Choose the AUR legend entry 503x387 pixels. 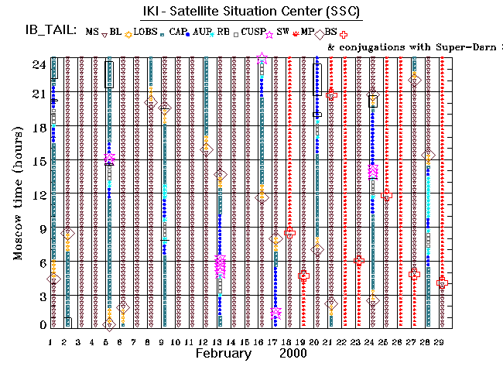click(x=203, y=33)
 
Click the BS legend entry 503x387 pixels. click(x=331, y=33)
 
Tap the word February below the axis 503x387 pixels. click(x=223, y=354)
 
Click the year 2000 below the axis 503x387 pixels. click(x=294, y=354)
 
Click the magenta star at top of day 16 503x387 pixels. click(x=262, y=58)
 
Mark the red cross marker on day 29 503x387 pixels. click(x=442, y=283)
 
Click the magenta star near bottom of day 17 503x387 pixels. click(x=276, y=312)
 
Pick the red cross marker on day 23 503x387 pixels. click(x=359, y=261)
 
